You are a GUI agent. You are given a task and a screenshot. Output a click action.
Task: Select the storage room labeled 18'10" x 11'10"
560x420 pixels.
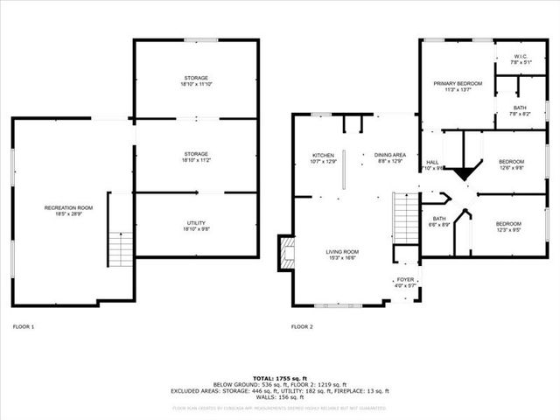coord(195,81)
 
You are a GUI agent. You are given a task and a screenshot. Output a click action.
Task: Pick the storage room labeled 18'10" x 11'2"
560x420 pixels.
coord(195,157)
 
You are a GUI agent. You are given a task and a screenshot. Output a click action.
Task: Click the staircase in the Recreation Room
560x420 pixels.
coord(121,250)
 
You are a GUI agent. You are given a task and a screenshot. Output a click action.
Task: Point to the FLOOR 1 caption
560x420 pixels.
coord(24,326)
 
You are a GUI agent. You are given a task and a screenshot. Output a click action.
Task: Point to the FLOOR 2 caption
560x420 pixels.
coord(302,326)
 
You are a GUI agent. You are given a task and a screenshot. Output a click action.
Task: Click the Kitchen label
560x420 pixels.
coord(323,158)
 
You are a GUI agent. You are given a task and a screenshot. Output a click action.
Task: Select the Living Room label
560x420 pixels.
coord(342,255)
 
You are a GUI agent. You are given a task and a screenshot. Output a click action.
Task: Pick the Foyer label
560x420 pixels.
coord(405,283)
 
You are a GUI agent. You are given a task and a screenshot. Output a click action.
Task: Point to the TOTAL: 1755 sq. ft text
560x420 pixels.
coord(280,375)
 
